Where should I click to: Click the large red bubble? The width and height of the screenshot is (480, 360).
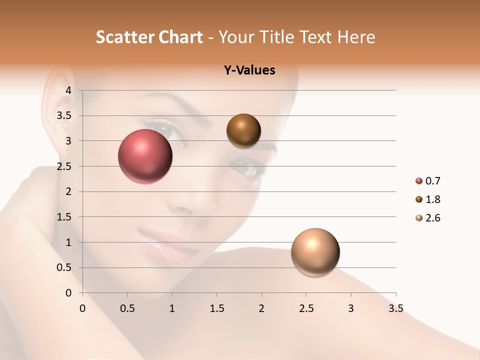(x=145, y=156)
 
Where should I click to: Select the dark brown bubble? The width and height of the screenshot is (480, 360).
(x=243, y=130)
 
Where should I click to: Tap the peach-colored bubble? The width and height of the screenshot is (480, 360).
(x=315, y=252)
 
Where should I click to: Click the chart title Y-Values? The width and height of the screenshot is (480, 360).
(x=249, y=70)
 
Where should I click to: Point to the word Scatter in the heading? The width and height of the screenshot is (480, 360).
(x=124, y=37)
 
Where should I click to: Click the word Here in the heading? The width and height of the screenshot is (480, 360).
(x=355, y=37)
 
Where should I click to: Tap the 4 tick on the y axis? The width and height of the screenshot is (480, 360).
(x=68, y=90)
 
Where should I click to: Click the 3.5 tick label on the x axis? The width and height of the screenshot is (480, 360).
(x=395, y=308)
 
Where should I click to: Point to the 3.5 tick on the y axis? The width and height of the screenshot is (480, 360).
(x=64, y=116)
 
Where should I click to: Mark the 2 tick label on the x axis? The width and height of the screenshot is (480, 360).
(x=261, y=308)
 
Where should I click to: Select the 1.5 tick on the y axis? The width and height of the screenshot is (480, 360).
(x=64, y=217)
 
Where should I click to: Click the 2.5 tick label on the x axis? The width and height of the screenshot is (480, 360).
(x=306, y=308)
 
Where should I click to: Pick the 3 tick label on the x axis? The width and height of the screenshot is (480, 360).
(x=351, y=308)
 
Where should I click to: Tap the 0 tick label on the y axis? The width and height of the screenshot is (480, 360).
(x=68, y=293)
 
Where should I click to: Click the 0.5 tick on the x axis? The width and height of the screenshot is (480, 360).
(x=127, y=308)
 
